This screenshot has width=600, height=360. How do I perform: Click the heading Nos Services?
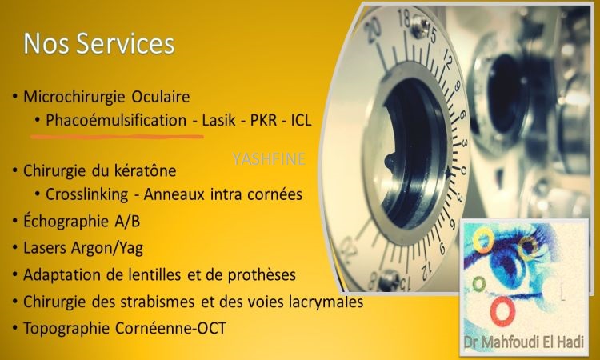pos(99,43)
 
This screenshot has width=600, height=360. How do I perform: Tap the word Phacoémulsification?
pos(116,121)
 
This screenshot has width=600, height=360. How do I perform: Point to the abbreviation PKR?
pos(264,121)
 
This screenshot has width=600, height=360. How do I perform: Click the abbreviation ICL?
pos(302,121)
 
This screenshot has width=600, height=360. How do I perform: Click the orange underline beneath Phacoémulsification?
pos(117,136)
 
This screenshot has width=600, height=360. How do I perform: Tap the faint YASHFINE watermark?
pos(269,158)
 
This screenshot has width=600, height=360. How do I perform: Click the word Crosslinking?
pos(87,194)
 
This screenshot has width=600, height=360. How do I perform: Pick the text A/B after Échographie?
pos(127,222)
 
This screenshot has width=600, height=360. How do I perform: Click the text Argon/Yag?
pos(107,249)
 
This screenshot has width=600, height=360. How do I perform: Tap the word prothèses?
pos(262,275)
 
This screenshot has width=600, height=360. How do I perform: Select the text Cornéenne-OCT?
pos(170,328)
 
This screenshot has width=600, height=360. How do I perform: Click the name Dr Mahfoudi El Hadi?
pos(524,342)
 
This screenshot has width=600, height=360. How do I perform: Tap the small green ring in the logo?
pos(478,284)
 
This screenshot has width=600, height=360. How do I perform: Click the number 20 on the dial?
pos(372,31)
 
